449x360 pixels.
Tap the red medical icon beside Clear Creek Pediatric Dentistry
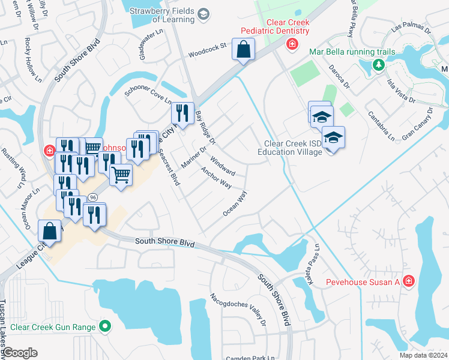coord(292,44)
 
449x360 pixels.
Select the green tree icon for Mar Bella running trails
coord(378,64)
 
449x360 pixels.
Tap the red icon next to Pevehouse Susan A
coord(409,281)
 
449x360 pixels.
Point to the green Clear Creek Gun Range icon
coord(106,327)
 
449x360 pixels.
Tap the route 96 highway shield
coord(92,197)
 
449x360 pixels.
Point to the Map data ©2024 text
coord(423,355)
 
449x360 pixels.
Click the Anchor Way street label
coord(216,178)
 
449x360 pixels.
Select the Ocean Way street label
coord(235,203)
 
